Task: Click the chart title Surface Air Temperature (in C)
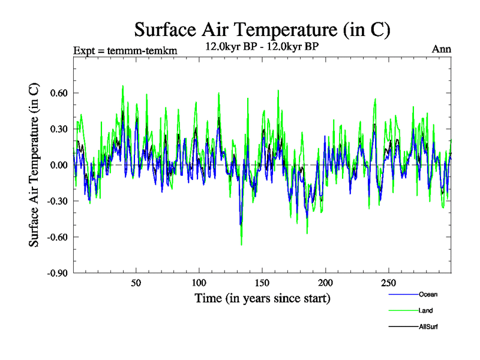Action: coord(263,29)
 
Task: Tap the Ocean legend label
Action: coord(428,295)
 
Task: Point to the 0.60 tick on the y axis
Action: coord(59,93)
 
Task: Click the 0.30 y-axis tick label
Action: coord(59,129)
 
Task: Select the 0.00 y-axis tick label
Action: coord(59,165)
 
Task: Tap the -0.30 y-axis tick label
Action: coord(58,201)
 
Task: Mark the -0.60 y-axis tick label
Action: coord(58,237)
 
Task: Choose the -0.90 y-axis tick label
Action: coord(58,273)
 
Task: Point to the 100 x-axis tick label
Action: coord(199,283)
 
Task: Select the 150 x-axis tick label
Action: coord(262,283)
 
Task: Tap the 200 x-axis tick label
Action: coord(325,283)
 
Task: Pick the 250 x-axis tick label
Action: coord(388,283)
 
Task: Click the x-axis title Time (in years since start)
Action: coord(262,298)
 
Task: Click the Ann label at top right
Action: coord(442,49)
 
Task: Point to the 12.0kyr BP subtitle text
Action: coord(264,46)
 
